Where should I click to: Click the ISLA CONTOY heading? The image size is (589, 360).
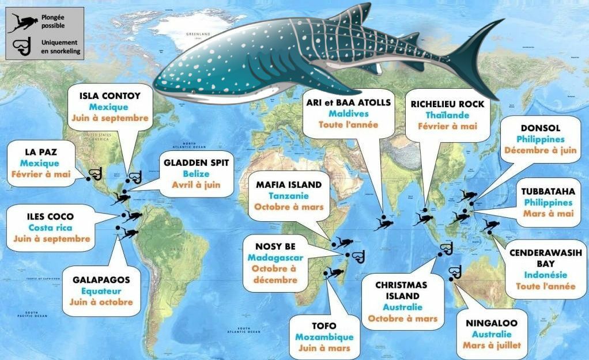(x=110, y=95)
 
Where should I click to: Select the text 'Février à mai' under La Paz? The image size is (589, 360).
(x=42, y=175)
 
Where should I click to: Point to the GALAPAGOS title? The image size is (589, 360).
(x=101, y=280)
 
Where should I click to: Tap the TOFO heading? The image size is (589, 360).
(x=323, y=325)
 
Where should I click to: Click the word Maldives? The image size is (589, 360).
(x=348, y=113)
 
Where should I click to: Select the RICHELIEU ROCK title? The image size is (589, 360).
(x=447, y=104)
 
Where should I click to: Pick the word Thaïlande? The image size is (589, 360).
(x=447, y=115)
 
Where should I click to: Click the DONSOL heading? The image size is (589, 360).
(x=539, y=128)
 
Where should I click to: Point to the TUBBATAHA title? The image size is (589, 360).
(x=548, y=191)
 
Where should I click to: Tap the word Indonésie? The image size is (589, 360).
(x=545, y=275)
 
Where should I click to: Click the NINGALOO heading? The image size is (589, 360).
(x=492, y=323)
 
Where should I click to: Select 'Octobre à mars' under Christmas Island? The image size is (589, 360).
(x=402, y=319)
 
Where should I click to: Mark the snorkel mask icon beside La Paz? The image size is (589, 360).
(x=96, y=173)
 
